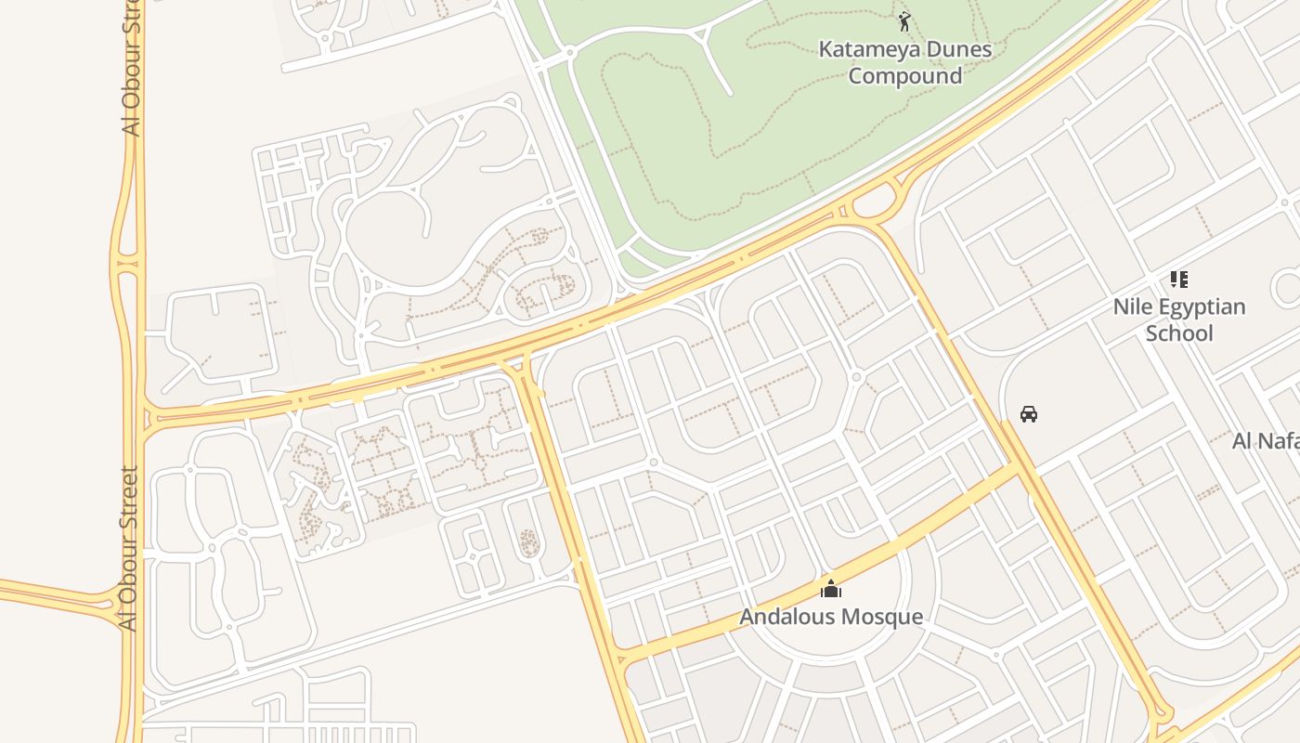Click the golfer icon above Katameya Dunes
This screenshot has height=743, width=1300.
(x=904, y=20)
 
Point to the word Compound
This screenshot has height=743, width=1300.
(x=904, y=76)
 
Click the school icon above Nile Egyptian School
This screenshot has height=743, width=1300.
(x=1178, y=280)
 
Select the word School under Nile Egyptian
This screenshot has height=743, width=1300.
(x=1178, y=333)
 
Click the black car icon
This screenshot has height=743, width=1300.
(x=1028, y=414)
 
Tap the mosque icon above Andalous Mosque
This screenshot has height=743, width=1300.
(x=830, y=589)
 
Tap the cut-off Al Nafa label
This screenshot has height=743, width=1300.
(x=1265, y=441)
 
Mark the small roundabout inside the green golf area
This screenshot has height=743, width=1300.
(x=569, y=53)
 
